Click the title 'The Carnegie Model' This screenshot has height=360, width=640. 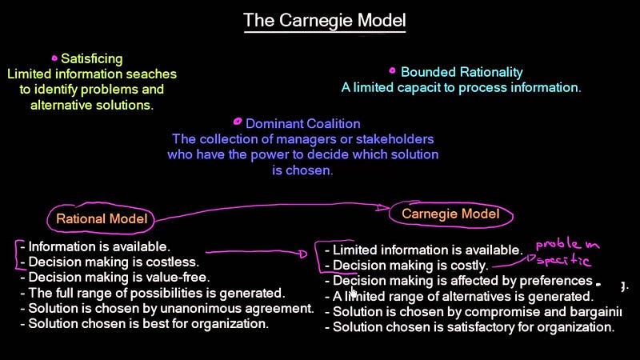(x=325, y=19)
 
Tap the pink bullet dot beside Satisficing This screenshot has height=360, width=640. (x=54, y=58)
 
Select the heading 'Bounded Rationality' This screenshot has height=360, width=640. (x=462, y=72)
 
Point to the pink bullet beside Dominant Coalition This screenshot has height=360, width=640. (x=237, y=122)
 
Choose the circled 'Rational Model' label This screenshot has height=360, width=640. (x=102, y=218)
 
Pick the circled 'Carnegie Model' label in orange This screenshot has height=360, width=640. (x=450, y=214)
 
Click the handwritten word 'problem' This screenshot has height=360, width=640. (x=567, y=243)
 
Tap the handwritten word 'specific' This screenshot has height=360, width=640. (x=564, y=261)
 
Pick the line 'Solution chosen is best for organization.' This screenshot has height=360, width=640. (x=148, y=324)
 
